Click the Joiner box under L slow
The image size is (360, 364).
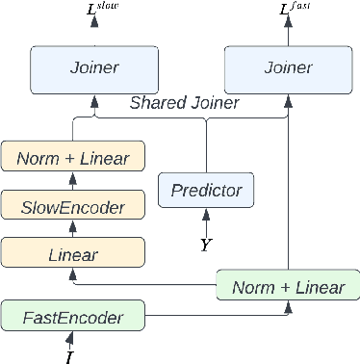[x=93, y=67]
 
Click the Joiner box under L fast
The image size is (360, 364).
[x=287, y=67]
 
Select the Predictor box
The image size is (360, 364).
[x=206, y=190]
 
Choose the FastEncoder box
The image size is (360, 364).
[x=73, y=315]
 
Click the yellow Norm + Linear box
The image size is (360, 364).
[x=73, y=156]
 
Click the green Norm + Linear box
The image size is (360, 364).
[x=287, y=286]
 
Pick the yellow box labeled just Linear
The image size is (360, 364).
[x=73, y=254]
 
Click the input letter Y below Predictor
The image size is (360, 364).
[x=205, y=245]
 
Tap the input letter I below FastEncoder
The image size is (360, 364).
[x=69, y=357]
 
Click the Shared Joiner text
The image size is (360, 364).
[x=186, y=103]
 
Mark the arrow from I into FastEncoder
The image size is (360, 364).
[x=69, y=340]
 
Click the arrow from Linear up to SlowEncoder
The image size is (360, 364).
[x=72, y=229]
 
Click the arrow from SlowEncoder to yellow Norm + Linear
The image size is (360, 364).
[x=72, y=180]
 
